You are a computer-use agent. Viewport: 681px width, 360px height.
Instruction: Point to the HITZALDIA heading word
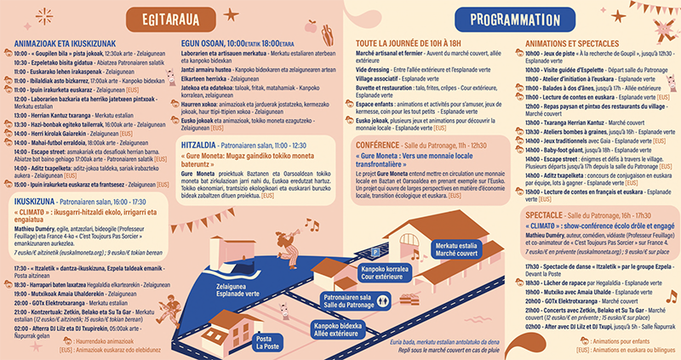(198, 146)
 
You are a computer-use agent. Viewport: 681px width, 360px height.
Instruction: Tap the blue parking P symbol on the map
(377, 252)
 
